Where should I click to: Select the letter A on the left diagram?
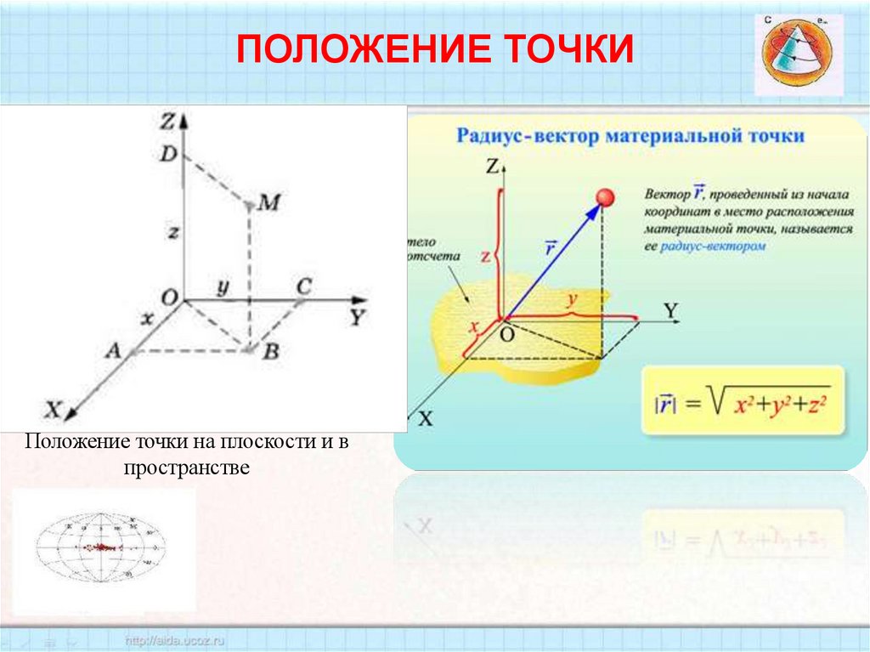click(112, 351)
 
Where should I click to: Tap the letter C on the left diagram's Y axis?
click(302, 286)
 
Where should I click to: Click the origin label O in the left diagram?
click(168, 298)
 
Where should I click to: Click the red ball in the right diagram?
click(605, 197)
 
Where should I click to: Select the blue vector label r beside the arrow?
click(551, 249)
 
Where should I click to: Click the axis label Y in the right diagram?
click(671, 310)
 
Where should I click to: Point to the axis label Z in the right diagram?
click(491, 167)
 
